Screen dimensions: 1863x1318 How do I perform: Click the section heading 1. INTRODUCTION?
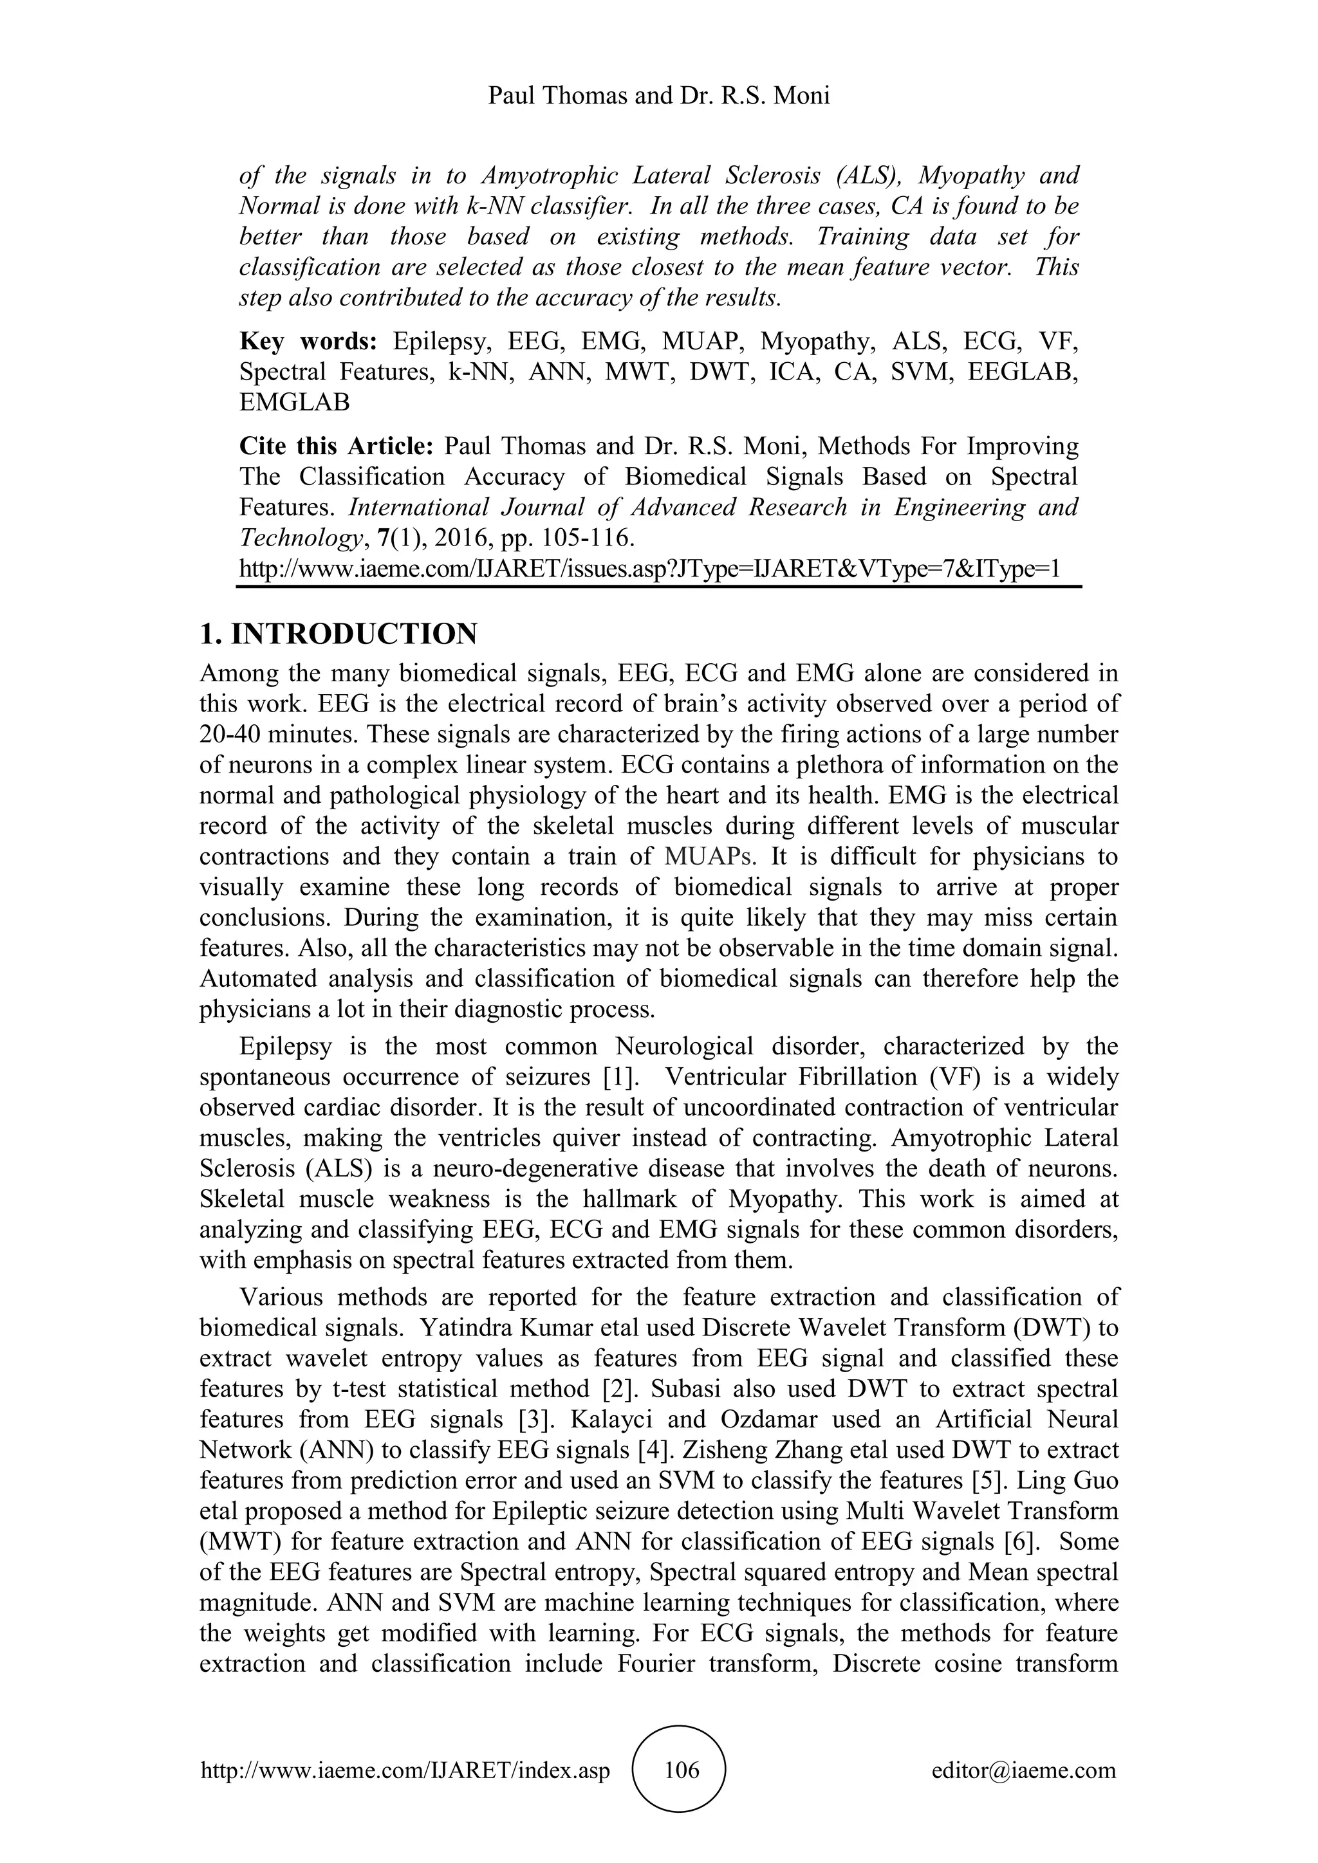(339, 634)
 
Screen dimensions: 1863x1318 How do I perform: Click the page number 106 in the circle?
(681, 1770)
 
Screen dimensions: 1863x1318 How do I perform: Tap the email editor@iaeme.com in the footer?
(1023, 1770)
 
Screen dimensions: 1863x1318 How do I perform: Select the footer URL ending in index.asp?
(405, 1770)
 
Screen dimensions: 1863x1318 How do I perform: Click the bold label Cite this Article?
(338, 446)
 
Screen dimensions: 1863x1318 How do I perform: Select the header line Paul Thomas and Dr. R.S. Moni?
(658, 96)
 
